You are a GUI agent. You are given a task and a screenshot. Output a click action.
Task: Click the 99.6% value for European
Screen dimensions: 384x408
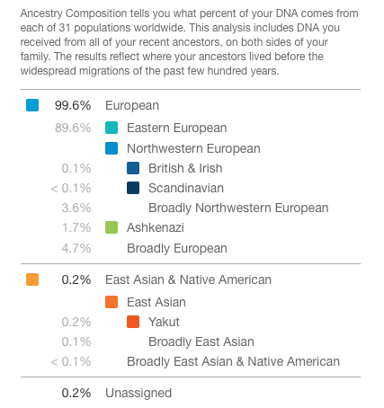pos(73,105)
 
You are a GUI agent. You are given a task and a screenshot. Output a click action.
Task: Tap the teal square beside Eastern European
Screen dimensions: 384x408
pos(112,128)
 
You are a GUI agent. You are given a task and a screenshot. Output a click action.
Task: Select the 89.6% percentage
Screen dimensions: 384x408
pos(73,128)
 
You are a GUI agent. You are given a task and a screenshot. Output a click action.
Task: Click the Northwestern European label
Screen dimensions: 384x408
pos(193,148)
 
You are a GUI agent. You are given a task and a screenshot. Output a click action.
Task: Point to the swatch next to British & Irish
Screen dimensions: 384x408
pos(133,168)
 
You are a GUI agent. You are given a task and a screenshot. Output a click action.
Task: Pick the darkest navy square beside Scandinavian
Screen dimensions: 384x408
pos(133,188)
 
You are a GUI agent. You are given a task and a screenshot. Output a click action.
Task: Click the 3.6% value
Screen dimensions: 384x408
pos(76,208)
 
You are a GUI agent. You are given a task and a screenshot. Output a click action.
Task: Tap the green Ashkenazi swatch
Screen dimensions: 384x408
pos(112,227)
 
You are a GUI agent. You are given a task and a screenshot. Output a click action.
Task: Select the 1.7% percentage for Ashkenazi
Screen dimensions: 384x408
pos(76,227)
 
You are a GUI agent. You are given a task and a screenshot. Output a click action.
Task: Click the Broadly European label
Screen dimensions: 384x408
pos(177,248)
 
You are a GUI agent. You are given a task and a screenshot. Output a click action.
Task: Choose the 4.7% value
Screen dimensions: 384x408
pos(76,248)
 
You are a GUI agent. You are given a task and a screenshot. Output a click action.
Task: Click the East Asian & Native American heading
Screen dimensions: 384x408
pos(188,279)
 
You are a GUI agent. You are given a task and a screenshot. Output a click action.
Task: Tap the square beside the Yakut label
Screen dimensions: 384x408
pos(133,322)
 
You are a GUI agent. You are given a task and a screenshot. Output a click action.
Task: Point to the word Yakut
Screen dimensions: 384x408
pos(164,322)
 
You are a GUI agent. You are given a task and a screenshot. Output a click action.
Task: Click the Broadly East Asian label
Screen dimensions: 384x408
pos(201,341)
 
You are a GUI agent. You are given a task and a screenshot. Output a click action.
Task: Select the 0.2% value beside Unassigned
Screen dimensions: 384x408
pos(76,393)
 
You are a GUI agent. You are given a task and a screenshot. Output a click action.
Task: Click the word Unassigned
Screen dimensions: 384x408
pos(138,393)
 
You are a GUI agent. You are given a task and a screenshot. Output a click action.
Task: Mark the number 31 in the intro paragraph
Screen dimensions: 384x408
pos(65,28)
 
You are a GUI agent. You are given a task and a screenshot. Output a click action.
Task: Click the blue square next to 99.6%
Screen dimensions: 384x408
pos(32,105)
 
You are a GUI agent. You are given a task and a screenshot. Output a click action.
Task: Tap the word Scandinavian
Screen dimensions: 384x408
pos(186,188)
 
